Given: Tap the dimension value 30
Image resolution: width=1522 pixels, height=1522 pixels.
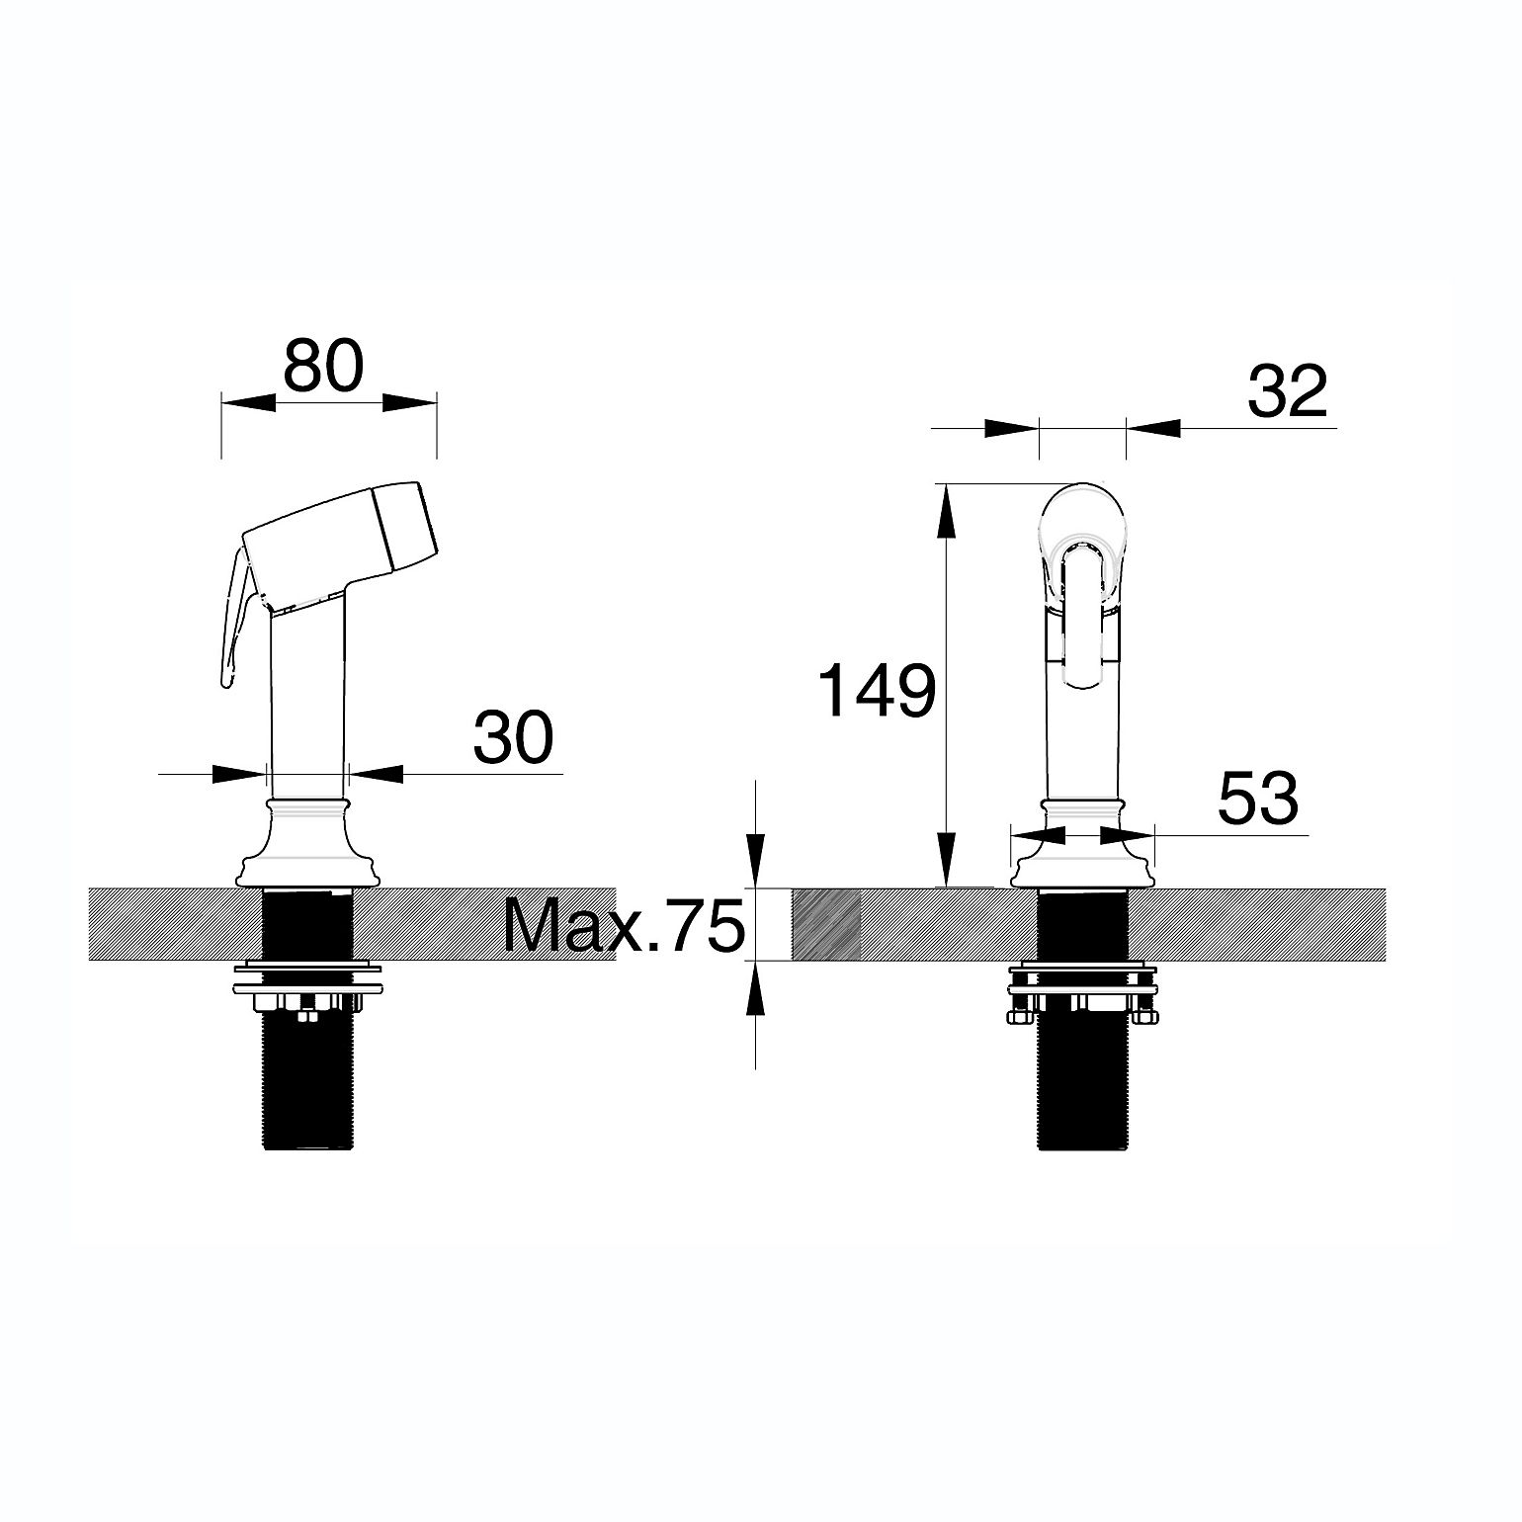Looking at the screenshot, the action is (x=513, y=737).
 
